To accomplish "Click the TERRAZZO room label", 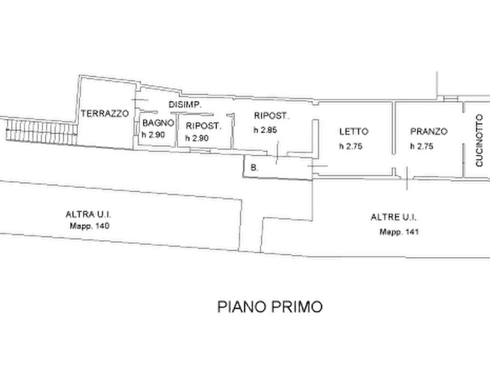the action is [x=105, y=113].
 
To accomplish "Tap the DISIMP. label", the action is [x=185, y=104].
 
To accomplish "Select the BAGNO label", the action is [x=158, y=122].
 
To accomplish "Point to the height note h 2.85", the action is [x=266, y=130].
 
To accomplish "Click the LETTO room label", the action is [x=354, y=131].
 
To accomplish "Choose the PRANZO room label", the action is [x=429, y=131].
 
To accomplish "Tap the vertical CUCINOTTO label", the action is [x=479, y=140].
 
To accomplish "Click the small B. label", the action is [x=255, y=168].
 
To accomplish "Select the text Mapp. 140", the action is [x=89, y=226].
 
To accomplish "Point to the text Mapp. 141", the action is [x=399, y=232].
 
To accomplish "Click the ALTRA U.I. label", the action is [x=88, y=214].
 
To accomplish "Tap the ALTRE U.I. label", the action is [x=393, y=217].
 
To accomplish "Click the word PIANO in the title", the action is [x=241, y=306].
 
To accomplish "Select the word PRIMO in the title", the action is [x=296, y=306].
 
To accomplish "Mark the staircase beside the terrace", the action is [x=41, y=132].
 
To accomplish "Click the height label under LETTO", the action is [x=351, y=146].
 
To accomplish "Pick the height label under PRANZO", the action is [x=421, y=146].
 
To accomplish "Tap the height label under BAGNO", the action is [x=154, y=135].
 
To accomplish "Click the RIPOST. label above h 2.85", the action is [x=272, y=116].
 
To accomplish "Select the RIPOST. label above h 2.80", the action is [x=204, y=126].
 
